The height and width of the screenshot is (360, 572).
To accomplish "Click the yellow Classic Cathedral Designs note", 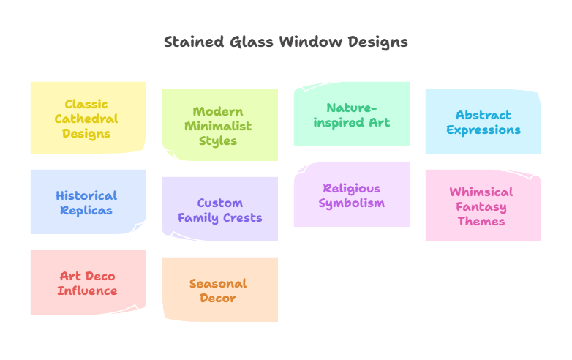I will tap(88, 117).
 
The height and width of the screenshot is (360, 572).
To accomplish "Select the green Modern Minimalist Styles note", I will tap(219, 125).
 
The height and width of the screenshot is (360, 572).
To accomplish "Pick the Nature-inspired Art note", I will tap(351, 114).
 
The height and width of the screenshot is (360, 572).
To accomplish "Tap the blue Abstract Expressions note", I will tap(483, 121).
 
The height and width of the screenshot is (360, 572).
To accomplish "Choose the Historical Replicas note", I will tap(88, 202).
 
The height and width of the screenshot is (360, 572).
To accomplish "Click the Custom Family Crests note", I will tap(219, 209).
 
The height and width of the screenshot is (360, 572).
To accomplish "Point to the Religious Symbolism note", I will tap(351, 195).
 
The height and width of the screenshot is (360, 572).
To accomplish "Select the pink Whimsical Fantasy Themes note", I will tap(483, 206).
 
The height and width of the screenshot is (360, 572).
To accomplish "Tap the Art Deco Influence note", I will tap(88, 282).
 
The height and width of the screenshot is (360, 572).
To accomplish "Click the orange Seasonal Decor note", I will tap(219, 290).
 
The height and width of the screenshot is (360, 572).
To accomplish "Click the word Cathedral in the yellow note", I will tap(86, 119).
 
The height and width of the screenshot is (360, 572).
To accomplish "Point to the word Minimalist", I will tap(218, 126).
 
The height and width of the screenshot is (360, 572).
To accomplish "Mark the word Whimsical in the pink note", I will tap(481, 192).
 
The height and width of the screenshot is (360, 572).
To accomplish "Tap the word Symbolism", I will tap(351, 203).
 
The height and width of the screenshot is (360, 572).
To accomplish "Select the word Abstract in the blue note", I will tap(483, 115).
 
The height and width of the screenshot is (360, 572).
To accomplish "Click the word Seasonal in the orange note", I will tap(218, 283).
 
